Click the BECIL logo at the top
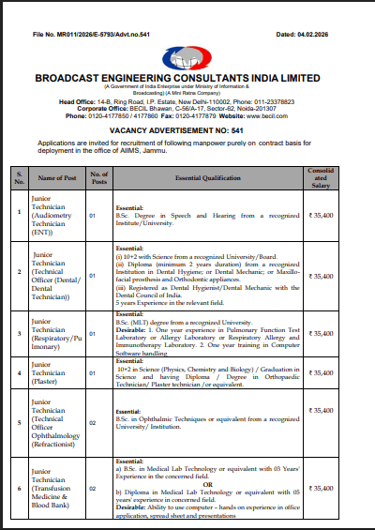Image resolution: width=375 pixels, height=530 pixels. click(x=187, y=57)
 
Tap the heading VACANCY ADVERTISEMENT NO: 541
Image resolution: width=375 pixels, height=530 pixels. click(x=187, y=131)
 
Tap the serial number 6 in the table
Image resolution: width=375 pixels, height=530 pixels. click(x=19, y=489)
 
